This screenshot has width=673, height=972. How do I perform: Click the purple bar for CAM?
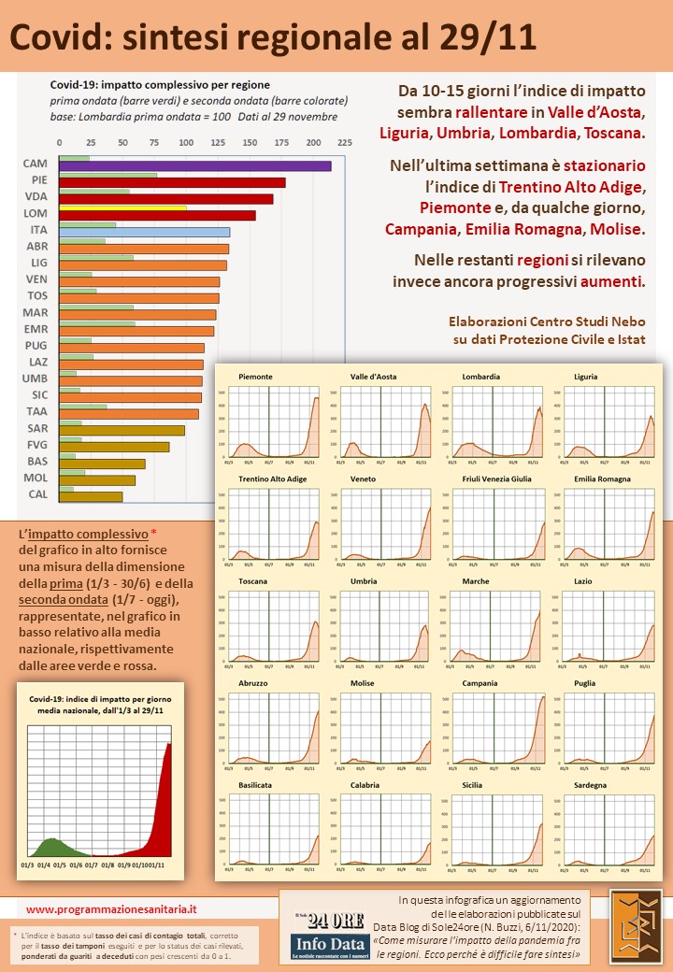click(194, 165)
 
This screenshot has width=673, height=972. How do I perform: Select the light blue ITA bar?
click(144, 231)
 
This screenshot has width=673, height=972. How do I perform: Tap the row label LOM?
click(36, 214)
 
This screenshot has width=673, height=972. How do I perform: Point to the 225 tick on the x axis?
click(345, 143)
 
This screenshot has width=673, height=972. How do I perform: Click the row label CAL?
click(37, 494)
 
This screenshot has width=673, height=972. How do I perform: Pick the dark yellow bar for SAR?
click(122, 430)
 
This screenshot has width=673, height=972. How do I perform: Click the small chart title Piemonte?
click(256, 377)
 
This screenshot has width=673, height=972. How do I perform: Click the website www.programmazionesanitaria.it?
click(111, 908)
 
